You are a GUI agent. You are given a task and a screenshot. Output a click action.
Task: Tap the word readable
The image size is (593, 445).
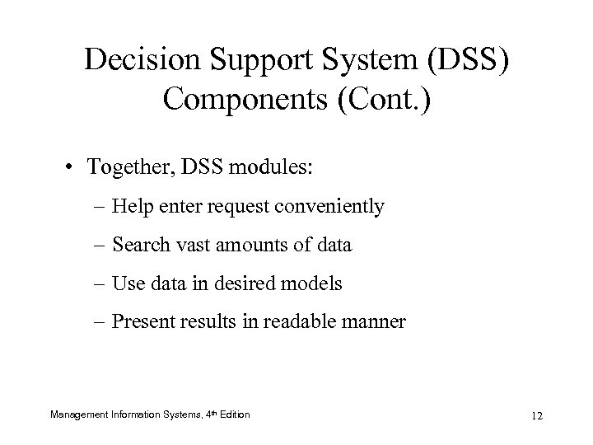click(311, 322)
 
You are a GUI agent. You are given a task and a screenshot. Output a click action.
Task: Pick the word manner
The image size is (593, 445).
click(377, 322)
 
